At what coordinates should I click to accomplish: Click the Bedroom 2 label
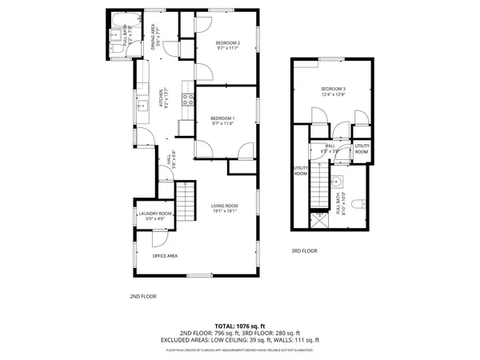tap(228, 46)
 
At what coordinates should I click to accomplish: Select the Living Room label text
tap(226, 209)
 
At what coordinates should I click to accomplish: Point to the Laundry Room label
tap(154, 214)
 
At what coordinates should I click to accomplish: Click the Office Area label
tap(165, 256)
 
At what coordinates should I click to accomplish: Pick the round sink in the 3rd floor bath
tap(338, 180)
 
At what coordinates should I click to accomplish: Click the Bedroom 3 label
tap(334, 90)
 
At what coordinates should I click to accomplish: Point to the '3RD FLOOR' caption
tap(304, 251)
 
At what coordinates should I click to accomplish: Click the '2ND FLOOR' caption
tap(143, 296)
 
